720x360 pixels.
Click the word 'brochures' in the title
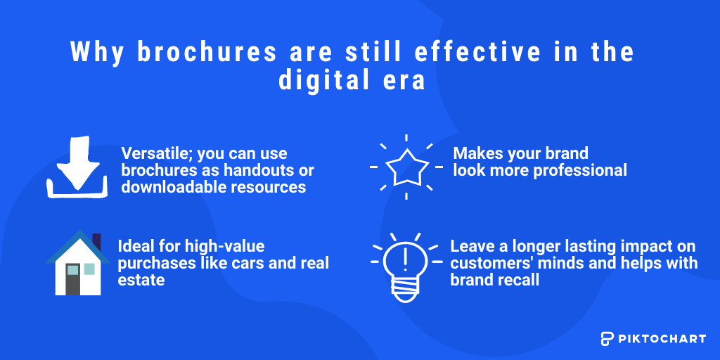[207, 52]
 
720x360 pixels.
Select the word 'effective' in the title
[478, 52]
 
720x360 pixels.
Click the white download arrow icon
[77, 167]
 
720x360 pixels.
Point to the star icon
[406, 167]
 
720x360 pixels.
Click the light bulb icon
[406, 267]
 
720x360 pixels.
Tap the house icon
[78, 263]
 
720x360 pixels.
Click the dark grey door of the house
[73, 279]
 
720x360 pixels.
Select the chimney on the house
[96, 242]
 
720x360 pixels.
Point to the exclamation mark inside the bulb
[404, 260]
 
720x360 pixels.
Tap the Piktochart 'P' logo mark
[607, 338]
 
